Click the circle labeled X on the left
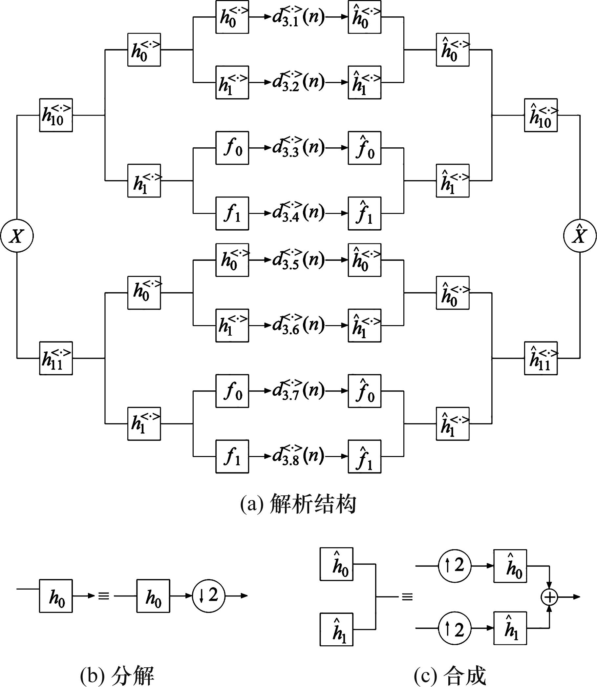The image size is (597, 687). [17, 236]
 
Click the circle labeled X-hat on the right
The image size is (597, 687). [580, 236]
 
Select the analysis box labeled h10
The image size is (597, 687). [56, 115]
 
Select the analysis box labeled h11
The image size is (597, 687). [56, 358]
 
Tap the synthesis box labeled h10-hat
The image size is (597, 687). [541, 115]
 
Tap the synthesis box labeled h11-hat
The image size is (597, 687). [541, 358]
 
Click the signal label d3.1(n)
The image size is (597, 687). [298, 17]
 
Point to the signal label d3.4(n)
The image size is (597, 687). [298, 213]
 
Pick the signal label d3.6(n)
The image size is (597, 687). [298, 325]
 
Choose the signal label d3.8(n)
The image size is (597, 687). [298, 456]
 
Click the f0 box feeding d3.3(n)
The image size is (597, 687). [232, 148]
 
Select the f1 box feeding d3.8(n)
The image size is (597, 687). [232, 456]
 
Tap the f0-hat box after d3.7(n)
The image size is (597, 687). [364, 391]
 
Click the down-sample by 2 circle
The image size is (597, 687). [209, 596]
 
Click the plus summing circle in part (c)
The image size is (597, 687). [549, 597]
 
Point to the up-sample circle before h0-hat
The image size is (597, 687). [455, 566]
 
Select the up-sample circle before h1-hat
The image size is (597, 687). [455, 628]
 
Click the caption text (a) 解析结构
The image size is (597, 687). [298, 504]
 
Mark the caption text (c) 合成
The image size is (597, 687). [450, 676]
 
